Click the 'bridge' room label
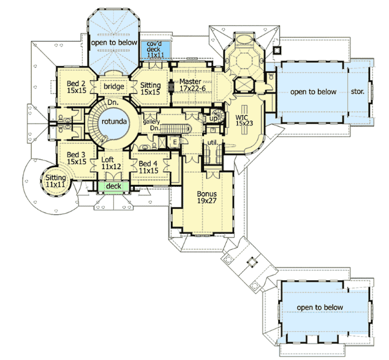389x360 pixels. (x=114, y=86)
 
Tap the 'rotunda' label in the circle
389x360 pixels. (x=114, y=121)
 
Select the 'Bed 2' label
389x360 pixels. (x=76, y=83)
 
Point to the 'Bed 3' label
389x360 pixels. (x=76, y=155)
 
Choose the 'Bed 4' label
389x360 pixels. (x=148, y=163)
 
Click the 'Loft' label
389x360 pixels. (x=108, y=159)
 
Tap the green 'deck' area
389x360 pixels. (x=113, y=186)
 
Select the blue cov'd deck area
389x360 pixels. (x=156, y=50)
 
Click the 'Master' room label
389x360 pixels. (x=191, y=81)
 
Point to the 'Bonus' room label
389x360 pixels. (x=206, y=193)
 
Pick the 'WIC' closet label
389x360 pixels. (x=241, y=118)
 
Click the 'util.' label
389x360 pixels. (x=213, y=143)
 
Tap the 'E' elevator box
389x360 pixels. (x=175, y=142)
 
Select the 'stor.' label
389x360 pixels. (x=358, y=92)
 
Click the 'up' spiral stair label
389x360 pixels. (x=213, y=119)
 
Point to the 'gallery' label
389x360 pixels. (x=151, y=122)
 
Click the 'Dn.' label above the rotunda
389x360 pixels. (x=113, y=102)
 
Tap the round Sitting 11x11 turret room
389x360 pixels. (x=56, y=181)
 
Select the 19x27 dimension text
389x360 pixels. (x=207, y=201)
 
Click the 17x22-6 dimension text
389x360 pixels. (x=192, y=88)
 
